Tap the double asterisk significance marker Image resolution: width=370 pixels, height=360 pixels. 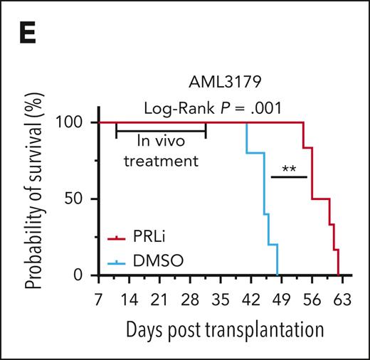[x=289, y=168]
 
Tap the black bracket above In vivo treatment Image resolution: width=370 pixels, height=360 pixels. [x=161, y=130]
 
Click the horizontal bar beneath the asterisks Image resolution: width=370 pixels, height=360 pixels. [x=289, y=176]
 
